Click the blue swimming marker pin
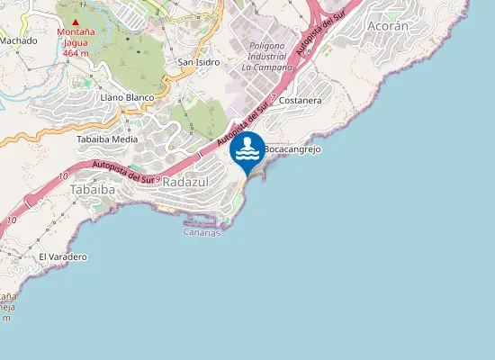click(x=247, y=149)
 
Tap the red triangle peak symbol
click(x=76, y=22)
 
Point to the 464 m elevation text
click(x=76, y=53)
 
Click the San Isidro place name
click(x=199, y=62)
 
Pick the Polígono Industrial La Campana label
click(x=267, y=56)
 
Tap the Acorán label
click(x=388, y=27)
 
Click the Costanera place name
click(x=301, y=101)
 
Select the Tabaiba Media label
click(x=107, y=139)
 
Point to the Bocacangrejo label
click(x=292, y=148)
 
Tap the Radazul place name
click(x=185, y=182)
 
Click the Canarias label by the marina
click(x=202, y=232)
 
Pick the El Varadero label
click(x=62, y=256)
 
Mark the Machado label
click(x=18, y=40)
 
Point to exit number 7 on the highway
click(x=272, y=106)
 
